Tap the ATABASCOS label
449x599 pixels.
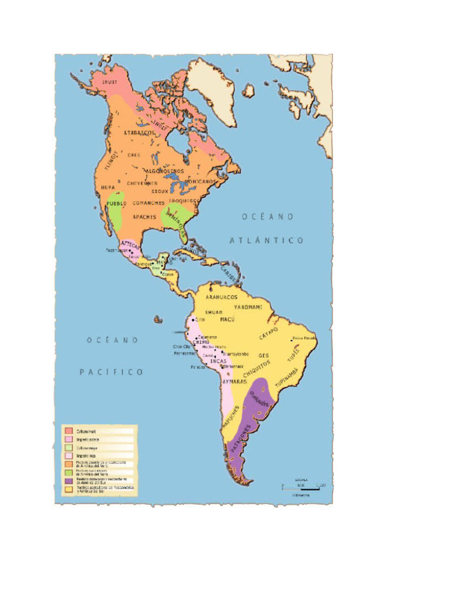139,133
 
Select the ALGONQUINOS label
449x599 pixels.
164,171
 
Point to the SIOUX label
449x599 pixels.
160,191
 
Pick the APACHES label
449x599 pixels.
144,217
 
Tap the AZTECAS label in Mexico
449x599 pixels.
130,245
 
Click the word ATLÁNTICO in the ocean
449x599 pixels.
266,240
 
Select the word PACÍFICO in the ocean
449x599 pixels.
112,371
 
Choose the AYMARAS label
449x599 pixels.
235,381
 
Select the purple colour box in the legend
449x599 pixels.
69,478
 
